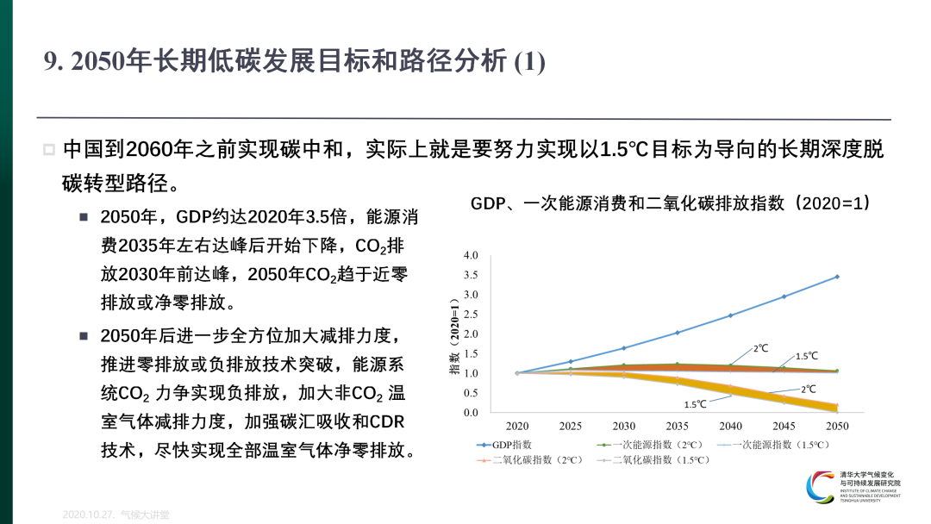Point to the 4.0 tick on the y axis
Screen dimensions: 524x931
[x=471, y=256]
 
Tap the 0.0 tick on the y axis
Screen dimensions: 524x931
[x=471, y=413]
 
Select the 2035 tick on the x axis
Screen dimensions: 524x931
[x=677, y=426]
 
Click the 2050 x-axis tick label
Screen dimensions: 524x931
[x=837, y=426]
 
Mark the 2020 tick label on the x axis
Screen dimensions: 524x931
[x=517, y=426]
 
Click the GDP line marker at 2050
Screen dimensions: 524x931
[x=837, y=277]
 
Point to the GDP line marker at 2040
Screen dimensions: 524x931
[x=730, y=315]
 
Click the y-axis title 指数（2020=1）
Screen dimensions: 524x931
[x=453, y=337]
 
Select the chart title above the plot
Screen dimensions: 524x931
[x=670, y=203]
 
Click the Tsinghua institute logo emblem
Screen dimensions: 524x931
[x=821, y=488]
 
